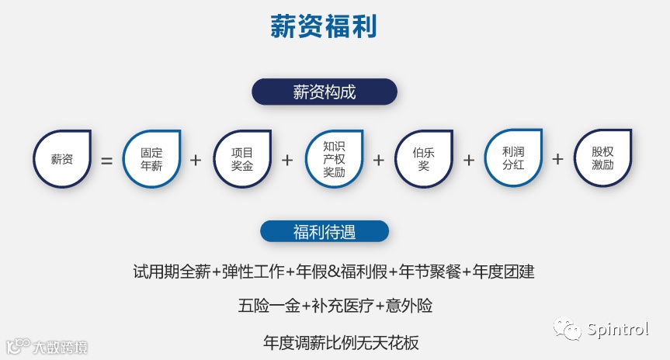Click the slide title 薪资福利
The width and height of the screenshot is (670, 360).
[x=324, y=26]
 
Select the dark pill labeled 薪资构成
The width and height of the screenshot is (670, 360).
[x=324, y=92]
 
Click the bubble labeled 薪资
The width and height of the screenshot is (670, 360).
[x=62, y=159]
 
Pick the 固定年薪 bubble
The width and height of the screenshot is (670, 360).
[x=152, y=159]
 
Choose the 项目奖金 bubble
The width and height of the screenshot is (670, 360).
[x=242, y=159]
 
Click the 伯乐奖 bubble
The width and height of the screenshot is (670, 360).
[x=424, y=159]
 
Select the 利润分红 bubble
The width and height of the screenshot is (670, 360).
[x=513, y=159]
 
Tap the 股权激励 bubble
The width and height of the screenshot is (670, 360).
[x=602, y=159]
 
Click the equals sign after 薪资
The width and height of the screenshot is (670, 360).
[x=107, y=161]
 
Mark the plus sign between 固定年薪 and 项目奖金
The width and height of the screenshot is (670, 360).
[x=196, y=160]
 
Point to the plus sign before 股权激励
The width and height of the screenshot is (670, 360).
[x=557, y=159]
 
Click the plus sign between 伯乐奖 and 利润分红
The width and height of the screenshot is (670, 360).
[x=468, y=160]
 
